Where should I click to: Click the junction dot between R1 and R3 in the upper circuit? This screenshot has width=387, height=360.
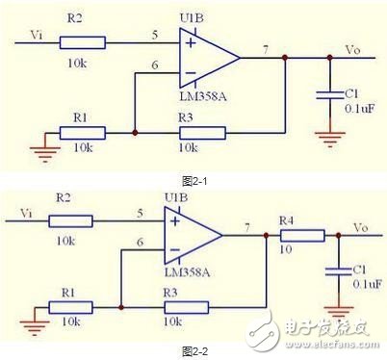pyautogui.click(x=135, y=132)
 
